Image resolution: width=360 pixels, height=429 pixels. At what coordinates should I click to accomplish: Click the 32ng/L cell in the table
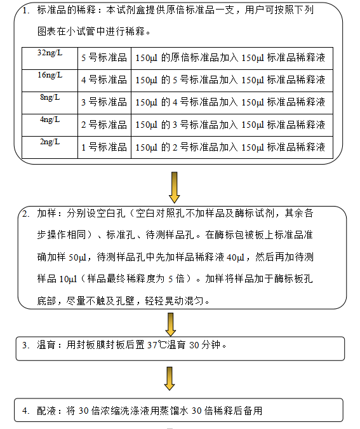pyautogui.click(x=50, y=58)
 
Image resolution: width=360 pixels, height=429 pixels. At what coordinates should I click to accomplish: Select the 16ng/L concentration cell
pyautogui.click(x=50, y=81)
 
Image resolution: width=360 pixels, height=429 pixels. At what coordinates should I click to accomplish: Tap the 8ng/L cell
pyautogui.click(x=50, y=103)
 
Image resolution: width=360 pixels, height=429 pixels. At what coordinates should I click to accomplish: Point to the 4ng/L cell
pyautogui.click(x=50, y=125)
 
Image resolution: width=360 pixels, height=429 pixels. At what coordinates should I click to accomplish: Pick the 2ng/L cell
pyautogui.click(x=50, y=147)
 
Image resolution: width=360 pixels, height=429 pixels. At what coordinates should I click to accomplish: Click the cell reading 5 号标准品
pyautogui.click(x=104, y=58)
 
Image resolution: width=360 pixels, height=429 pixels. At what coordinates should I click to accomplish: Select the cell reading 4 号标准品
pyautogui.click(x=104, y=81)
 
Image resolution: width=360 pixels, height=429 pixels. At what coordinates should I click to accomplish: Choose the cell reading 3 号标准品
pyautogui.click(x=104, y=103)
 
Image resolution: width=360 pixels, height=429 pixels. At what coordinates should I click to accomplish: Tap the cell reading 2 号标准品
pyautogui.click(x=104, y=125)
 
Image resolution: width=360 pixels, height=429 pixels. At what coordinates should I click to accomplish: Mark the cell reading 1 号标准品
pyautogui.click(x=104, y=147)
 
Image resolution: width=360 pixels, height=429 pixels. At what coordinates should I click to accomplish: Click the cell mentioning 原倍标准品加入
pyautogui.click(x=232, y=58)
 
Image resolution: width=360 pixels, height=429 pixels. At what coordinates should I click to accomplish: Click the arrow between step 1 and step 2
pyautogui.click(x=174, y=187)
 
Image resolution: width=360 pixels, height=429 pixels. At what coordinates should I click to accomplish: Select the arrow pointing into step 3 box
pyautogui.click(x=171, y=325)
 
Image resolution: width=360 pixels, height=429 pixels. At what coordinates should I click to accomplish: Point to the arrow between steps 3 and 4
pyautogui.click(x=170, y=378)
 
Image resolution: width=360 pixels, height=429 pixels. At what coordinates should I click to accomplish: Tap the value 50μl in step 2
pyautogui.click(x=77, y=257)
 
